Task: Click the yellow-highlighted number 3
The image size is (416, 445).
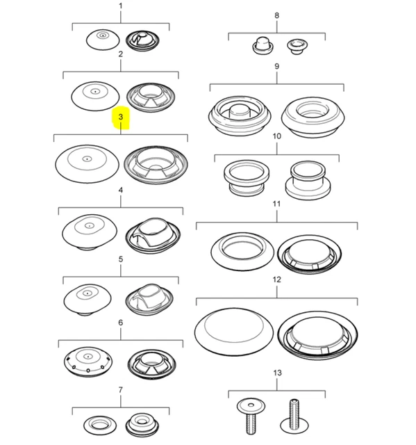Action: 121,117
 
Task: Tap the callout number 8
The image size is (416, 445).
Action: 277,15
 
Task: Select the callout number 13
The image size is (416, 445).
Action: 277,373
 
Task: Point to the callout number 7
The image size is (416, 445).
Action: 121,390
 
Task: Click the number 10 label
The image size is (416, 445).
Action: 277,136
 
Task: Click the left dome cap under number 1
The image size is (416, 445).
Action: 103,39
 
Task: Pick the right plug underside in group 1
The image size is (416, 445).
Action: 142,41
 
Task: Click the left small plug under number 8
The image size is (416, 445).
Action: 263,45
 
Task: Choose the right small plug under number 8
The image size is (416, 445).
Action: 297,47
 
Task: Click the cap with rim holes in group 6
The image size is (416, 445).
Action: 88,362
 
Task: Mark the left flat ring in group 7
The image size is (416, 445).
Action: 100,426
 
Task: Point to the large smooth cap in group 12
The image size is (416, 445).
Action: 234,332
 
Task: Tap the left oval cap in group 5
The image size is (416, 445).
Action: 88,300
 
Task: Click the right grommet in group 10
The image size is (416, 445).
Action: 308,180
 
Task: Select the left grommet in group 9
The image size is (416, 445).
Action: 240,116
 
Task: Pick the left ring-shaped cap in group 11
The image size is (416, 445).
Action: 242,252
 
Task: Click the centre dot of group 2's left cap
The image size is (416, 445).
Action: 96,92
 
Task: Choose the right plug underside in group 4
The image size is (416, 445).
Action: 153,236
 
